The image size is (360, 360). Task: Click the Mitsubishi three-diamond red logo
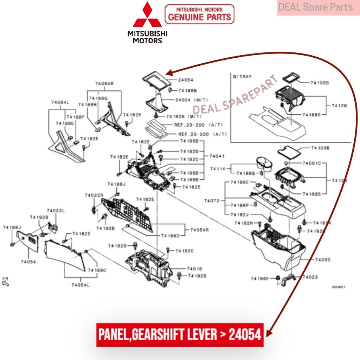pyautogui.click(x=147, y=15)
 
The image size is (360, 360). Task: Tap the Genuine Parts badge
pyautogui.click(x=199, y=14)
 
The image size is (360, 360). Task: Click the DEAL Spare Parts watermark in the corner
pyautogui.click(x=315, y=7)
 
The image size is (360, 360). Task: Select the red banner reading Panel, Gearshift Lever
pyautogui.click(x=180, y=334)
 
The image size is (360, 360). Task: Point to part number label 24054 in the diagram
pyautogui.click(x=186, y=80)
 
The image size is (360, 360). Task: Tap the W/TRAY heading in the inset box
pyautogui.click(x=242, y=77)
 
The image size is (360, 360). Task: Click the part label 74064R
pyautogui.click(x=104, y=84)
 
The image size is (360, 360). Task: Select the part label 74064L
pyautogui.click(x=60, y=103)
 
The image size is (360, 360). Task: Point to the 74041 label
pyautogui.click(x=217, y=156)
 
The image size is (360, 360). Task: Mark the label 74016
pyautogui.click(x=194, y=269)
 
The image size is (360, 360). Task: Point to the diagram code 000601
pyautogui.click(x=339, y=287)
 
